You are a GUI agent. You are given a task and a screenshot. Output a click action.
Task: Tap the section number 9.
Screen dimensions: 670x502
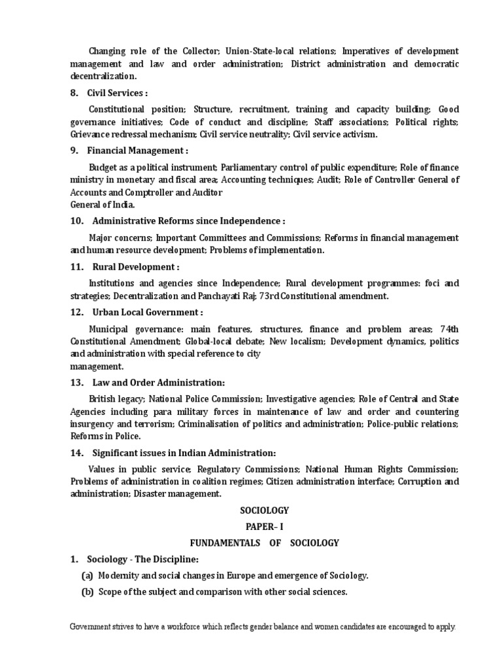pos(74,150)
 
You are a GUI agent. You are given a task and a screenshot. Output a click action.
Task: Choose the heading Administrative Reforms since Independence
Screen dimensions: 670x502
pos(189,221)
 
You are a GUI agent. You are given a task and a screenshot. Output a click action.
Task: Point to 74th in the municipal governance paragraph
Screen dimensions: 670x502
pos(449,328)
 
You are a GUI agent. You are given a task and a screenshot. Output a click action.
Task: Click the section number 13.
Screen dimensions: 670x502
pos(76,382)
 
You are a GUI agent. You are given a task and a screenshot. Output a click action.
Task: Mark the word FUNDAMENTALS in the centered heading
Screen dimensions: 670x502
pos(222,542)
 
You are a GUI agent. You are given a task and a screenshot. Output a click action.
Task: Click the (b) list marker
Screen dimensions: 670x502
pos(87,592)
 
